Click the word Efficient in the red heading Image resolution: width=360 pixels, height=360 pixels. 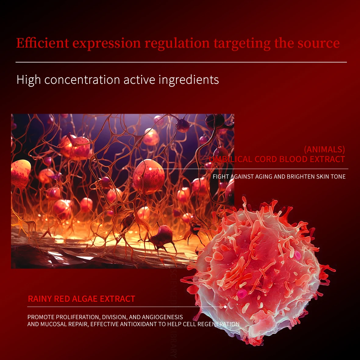click(43, 43)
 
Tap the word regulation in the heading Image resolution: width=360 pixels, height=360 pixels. click(177, 43)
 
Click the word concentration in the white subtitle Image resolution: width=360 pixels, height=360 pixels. click(82, 80)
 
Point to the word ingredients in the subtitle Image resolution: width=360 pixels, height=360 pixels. click(189, 80)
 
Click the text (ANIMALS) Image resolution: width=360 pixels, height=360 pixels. click(324, 149)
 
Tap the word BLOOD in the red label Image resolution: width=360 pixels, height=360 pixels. click(293, 159)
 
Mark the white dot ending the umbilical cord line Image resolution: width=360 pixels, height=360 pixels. click(150, 169)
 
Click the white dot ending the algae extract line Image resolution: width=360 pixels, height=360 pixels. click(225, 307)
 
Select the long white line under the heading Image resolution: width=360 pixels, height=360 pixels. click(181, 62)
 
